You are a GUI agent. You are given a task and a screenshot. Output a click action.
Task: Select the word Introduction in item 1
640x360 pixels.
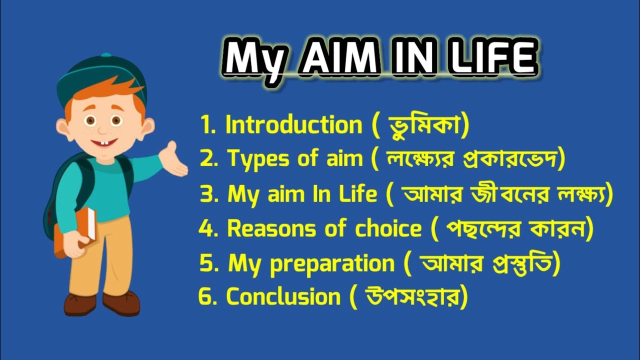(293, 124)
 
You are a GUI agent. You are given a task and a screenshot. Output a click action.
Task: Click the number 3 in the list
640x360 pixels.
(206, 194)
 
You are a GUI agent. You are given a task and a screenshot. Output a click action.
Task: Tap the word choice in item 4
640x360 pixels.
(388, 229)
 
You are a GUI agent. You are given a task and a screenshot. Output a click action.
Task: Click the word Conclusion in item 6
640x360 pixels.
(283, 297)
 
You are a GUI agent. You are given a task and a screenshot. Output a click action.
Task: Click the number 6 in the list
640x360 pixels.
(205, 297)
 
